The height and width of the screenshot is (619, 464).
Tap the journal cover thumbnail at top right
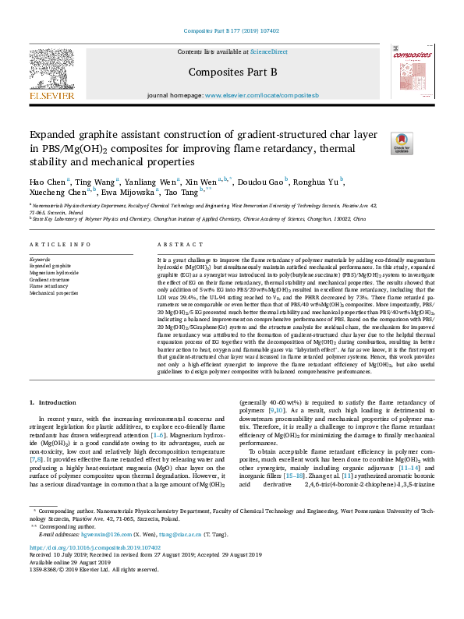coord(412,73)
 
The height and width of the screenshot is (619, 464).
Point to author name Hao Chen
coord(49,182)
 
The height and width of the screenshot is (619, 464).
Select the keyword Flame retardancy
coord(49,286)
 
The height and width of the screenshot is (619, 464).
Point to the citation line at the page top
coord(232,31)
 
